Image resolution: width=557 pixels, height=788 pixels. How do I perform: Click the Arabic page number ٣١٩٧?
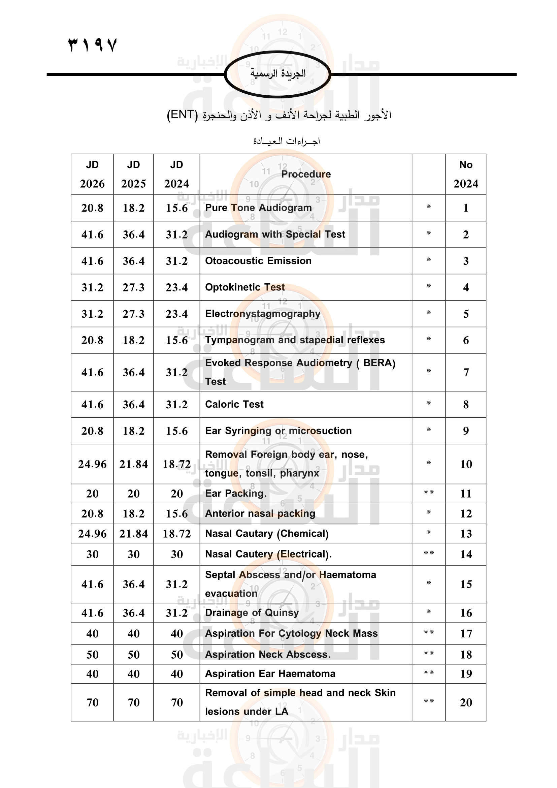(93, 45)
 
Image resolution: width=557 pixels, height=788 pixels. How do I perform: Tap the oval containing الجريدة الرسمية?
(277, 74)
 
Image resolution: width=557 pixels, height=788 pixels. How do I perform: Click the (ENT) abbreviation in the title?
(182, 115)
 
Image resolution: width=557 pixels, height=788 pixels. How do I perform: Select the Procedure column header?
(305, 174)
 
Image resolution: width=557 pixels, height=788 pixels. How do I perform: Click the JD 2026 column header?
(92, 174)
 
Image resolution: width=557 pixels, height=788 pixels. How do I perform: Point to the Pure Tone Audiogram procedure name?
(258, 208)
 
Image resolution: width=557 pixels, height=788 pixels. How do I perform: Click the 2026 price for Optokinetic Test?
(92, 287)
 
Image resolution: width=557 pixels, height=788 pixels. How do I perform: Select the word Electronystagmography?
(262, 314)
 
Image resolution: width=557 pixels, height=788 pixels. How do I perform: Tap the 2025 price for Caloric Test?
(133, 404)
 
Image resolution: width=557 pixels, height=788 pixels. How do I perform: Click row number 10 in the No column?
(466, 464)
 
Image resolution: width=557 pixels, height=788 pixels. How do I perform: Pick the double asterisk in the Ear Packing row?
(429, 492)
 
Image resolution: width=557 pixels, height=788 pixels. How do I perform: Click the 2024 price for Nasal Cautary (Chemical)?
(177, 534)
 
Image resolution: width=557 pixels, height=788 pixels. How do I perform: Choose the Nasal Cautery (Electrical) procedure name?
(268, 554)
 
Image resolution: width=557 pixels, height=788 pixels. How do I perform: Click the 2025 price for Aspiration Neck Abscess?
(133, 655)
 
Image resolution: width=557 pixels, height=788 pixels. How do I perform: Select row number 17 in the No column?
(466, 633)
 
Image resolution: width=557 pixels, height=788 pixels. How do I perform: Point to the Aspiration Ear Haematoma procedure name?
(270, 674)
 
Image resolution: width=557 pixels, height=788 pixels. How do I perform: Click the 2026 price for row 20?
(92, 702)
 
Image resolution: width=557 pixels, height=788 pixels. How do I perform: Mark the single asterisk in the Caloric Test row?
(429, 403)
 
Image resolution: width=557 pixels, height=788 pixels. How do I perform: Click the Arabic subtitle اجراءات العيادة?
(286, 141)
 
